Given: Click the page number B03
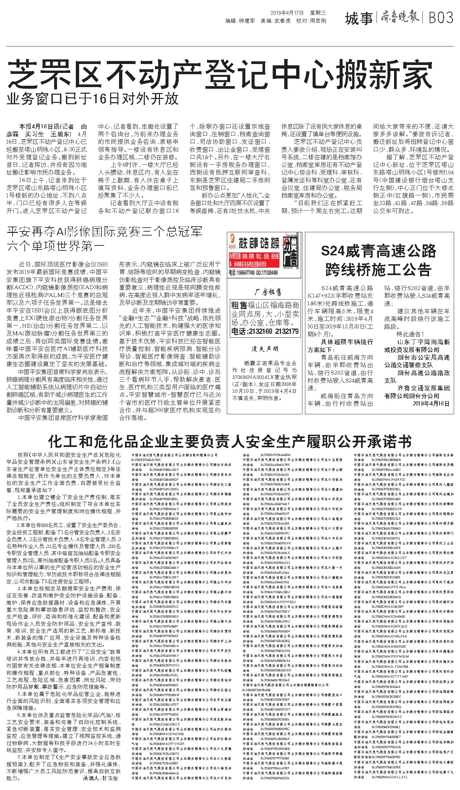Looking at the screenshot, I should tap(441, 18).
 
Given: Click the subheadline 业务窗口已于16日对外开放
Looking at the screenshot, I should tap(93, 98).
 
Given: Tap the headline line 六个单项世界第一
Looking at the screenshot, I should tap(56, 246).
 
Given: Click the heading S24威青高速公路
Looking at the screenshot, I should tap(379, 252).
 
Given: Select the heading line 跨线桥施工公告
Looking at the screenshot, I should tap(379, 269).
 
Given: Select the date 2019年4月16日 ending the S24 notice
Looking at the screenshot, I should tap(431, 403).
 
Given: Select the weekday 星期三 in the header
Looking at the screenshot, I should tap(318, 13).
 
